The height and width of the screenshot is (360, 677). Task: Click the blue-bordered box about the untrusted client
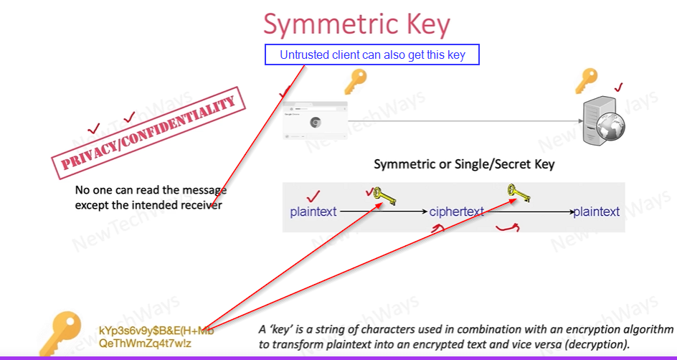point(371,55)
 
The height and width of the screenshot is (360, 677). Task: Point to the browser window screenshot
point(315,119)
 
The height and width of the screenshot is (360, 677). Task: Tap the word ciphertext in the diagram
point(457,212)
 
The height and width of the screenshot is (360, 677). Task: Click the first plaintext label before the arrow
point(313,212)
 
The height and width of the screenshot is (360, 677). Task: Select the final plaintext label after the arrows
point(596,212)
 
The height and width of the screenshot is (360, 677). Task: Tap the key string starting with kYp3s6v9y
point(156,331)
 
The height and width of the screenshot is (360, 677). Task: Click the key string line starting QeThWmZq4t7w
point(146,344)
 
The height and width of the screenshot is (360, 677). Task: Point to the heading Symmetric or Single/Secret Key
point(464,164)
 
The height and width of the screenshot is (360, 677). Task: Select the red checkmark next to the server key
point(618,87)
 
